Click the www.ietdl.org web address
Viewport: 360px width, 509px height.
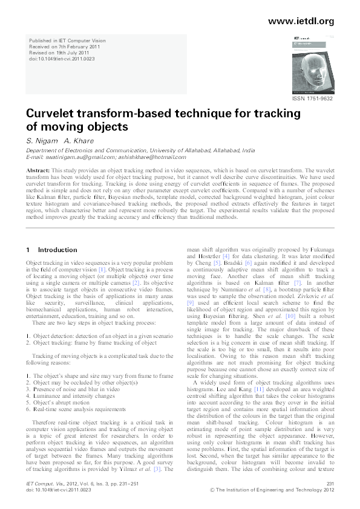tap(300, 21)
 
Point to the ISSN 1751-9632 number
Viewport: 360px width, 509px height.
tap(313, 98)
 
